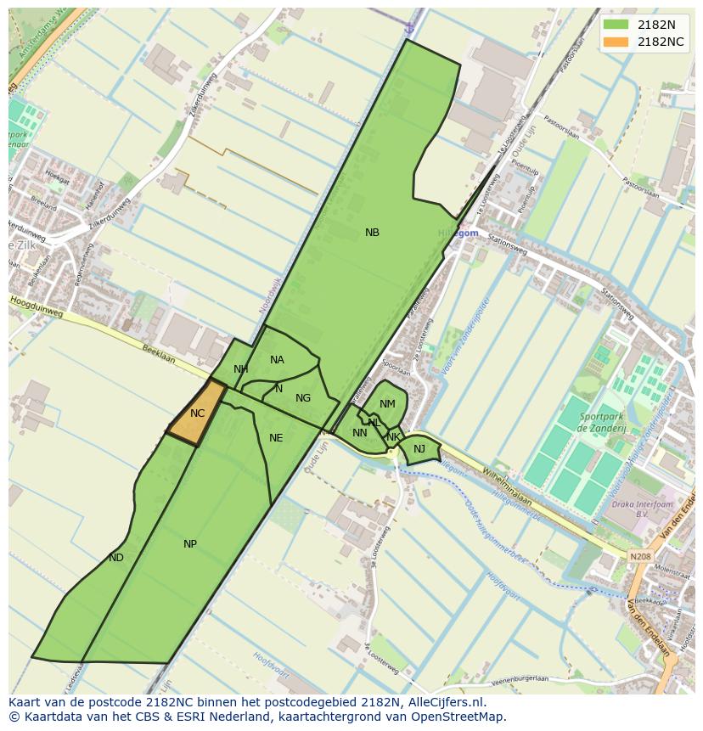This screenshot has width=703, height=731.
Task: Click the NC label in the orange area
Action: pos(197,413)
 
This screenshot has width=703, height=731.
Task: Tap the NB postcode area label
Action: pos(372,233)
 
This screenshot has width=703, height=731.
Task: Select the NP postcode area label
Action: pos(190,544)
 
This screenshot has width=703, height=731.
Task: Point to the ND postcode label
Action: pos(116,558)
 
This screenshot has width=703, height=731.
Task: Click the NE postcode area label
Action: pos(276,438)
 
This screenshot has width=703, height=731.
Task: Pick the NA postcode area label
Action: pos(277,360)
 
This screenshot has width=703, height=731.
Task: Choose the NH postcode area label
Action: pos(241,369)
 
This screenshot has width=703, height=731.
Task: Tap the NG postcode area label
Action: pos(303,398)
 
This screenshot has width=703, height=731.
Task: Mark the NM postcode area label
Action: pos(387,404)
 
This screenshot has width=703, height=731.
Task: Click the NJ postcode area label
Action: pos(419,449)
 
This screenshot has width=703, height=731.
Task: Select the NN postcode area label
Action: pos(360,433)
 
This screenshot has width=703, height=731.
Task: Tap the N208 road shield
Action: pos(640,557)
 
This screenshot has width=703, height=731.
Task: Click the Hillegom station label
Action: pos(458,233)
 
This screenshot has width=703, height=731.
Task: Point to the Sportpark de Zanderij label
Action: pos(603,423)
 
